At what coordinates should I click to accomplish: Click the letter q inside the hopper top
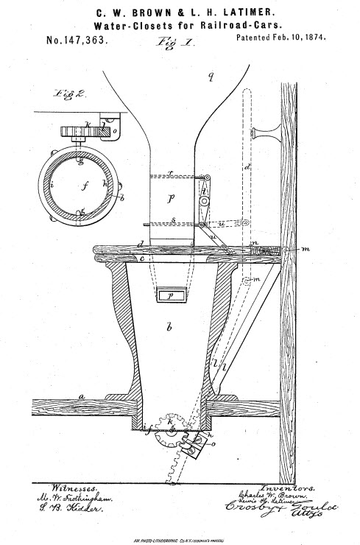coord(210,77)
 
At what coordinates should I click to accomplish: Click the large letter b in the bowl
coord(169,326)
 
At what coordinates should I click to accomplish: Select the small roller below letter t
coord(205,203)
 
